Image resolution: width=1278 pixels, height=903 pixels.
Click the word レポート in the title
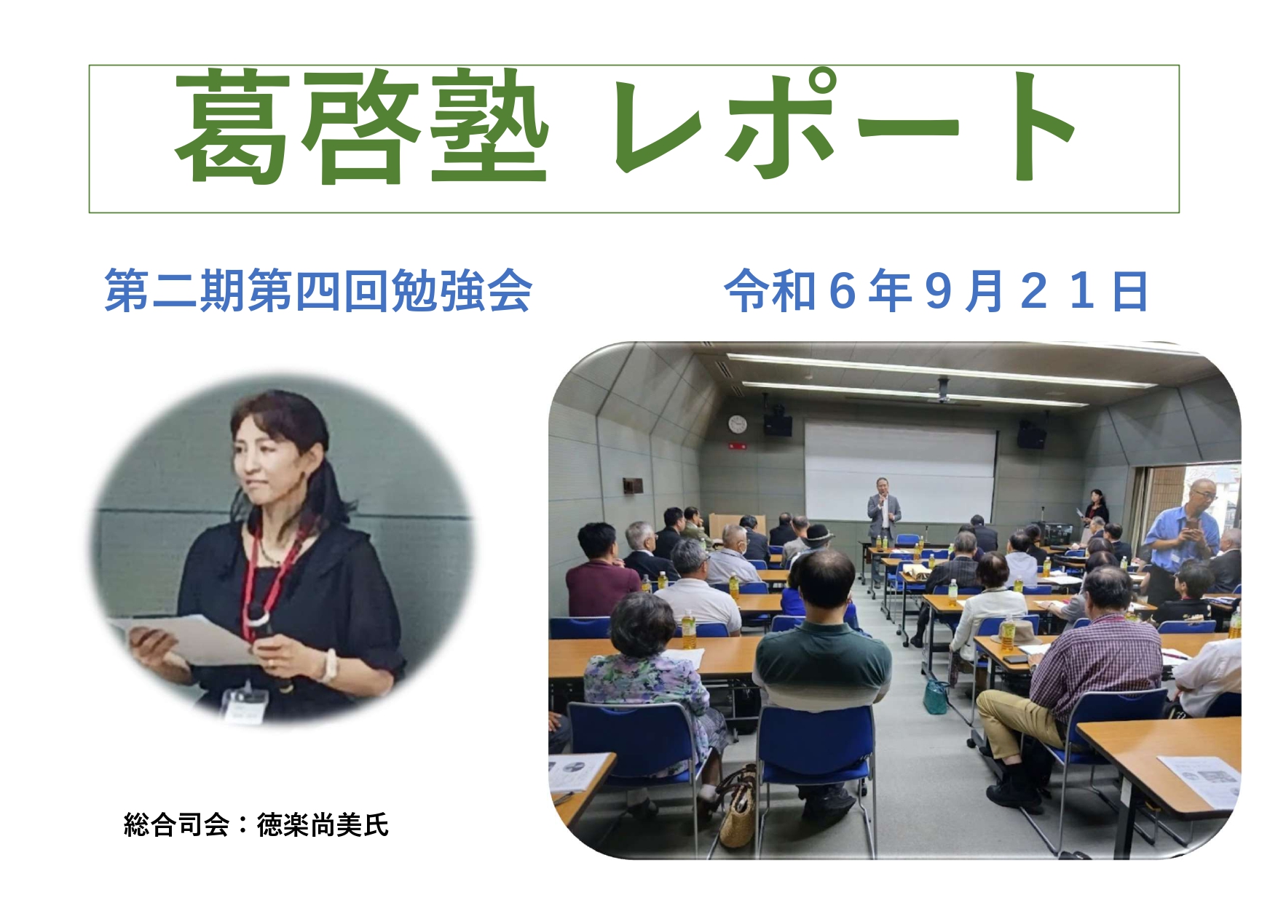coord(845,126)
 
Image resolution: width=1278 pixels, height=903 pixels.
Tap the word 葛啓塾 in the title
coord(361,126)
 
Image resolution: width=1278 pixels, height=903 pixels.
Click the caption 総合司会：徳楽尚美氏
coord(256,825)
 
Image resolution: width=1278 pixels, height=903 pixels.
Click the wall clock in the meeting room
coord(738,423)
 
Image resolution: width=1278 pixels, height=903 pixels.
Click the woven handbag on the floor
coord(738,808)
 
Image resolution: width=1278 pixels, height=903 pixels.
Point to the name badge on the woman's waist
coord(244,704)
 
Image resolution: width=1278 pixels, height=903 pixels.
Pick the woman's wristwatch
coord(328,664)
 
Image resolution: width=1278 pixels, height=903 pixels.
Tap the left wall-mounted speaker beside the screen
coord(778,424)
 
